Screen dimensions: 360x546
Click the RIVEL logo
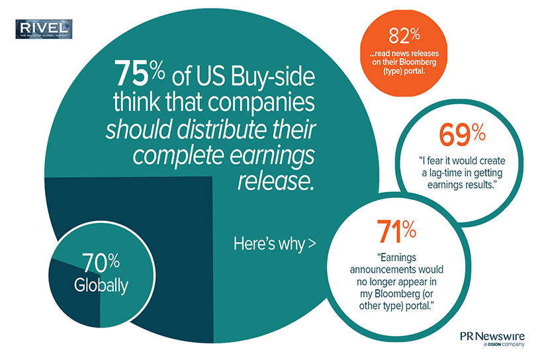[x=44, y=29]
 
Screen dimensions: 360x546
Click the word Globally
[x=101, y=285]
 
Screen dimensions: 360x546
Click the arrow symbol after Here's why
[x=310, y=244]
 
